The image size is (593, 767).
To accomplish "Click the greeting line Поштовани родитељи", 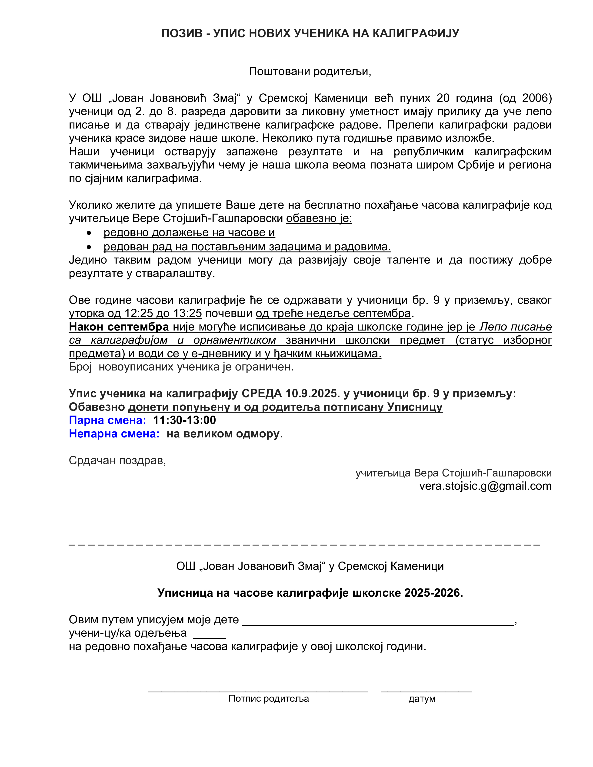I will (310, 71).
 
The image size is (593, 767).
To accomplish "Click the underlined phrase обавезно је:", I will (319, 218).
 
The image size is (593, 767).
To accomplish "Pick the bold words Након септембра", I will (119, 327).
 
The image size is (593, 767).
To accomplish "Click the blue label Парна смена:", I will (107, 420).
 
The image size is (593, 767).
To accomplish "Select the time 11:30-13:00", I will (184, 420).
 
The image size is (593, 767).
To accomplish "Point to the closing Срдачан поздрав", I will (117, 460).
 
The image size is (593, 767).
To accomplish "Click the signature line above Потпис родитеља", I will (258, 691).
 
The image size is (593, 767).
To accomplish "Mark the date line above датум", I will (426, 691).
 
